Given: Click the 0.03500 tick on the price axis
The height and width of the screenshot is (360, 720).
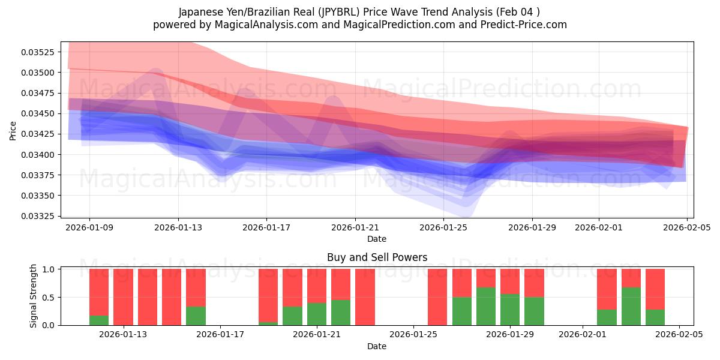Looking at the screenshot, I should tap(38, 73).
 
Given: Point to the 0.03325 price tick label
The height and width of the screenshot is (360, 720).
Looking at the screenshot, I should tap(38, 216).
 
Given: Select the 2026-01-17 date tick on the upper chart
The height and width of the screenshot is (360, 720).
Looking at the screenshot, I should tap(266, 228).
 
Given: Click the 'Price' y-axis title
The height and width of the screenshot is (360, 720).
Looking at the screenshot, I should tap(13, 131).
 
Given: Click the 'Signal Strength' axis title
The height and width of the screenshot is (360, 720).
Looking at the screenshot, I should tap(34, 296).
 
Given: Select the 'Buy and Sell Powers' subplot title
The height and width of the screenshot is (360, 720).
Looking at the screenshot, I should tap(377, 257).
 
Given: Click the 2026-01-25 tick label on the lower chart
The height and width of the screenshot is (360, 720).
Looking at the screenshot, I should tap(413, 334).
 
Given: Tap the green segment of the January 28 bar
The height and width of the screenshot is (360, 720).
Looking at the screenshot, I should tap(486, 307).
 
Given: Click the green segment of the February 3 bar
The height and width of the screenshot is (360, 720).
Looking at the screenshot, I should tap(631, 307).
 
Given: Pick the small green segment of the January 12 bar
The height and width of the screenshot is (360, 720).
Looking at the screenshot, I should tap(99, 320).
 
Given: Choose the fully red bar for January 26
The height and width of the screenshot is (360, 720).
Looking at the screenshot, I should tap(437, 297).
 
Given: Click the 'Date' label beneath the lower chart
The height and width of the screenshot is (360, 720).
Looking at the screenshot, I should tap(377, 346).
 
